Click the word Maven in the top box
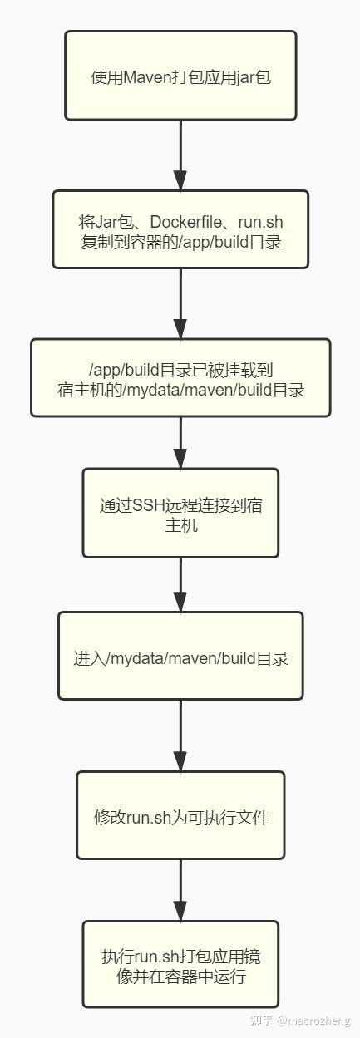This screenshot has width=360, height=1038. [x=147, y=77]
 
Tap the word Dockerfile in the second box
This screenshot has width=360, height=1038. [x=185, y=222]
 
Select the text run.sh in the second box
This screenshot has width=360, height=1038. [x=260, y=222]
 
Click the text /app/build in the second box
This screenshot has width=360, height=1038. [x=214, y=243]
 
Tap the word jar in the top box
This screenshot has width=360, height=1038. [x=245, y=77]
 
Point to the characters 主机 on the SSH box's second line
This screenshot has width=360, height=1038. [x=180, y=525]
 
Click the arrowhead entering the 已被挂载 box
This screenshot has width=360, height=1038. [x=180, y=329]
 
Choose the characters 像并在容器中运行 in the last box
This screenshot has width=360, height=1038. [x=180, y=977]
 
